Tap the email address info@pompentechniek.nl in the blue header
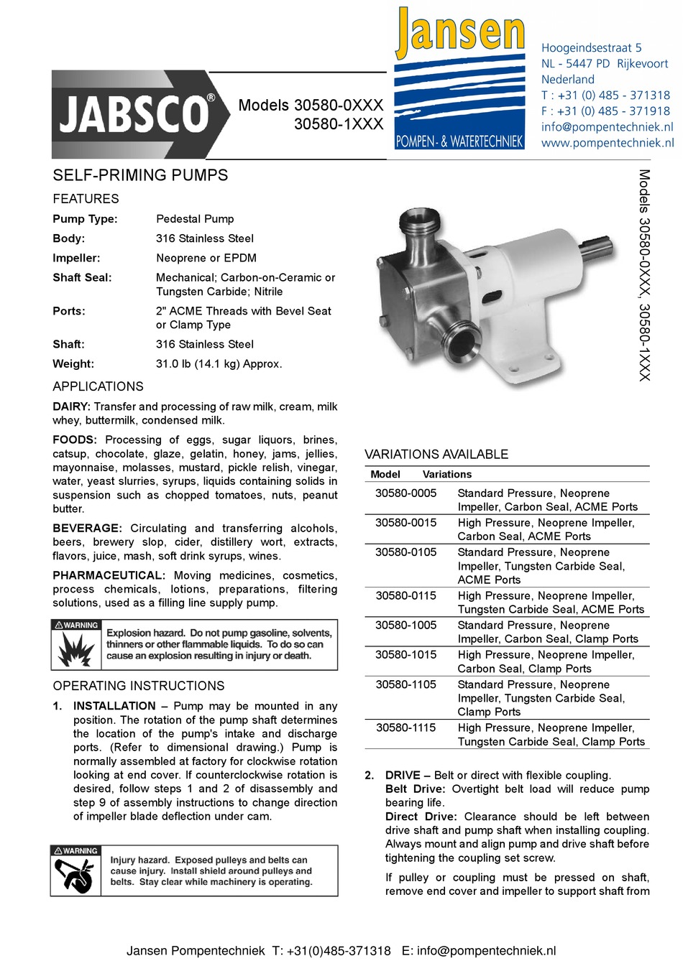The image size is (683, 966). tap(607, 127)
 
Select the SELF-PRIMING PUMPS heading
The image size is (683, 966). tap(140, 175)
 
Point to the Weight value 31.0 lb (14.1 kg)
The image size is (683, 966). tap(219, 364)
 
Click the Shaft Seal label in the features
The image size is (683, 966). tap(82, 278)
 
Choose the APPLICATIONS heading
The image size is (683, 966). tap(98, 386)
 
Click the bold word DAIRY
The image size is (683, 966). tap(71, 407)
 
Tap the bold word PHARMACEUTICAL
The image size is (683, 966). tap(109, 575)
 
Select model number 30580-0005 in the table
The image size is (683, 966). tap(405, 493)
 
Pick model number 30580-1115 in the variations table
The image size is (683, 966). tap(405, 728)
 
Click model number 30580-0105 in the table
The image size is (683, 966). tap(405, 552)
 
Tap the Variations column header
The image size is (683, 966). tap(447, 475)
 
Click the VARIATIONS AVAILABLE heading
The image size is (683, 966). tap(436, 455)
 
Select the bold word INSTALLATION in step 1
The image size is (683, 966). tap(114, 706)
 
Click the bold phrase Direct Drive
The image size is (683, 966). tap(421, 817)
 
